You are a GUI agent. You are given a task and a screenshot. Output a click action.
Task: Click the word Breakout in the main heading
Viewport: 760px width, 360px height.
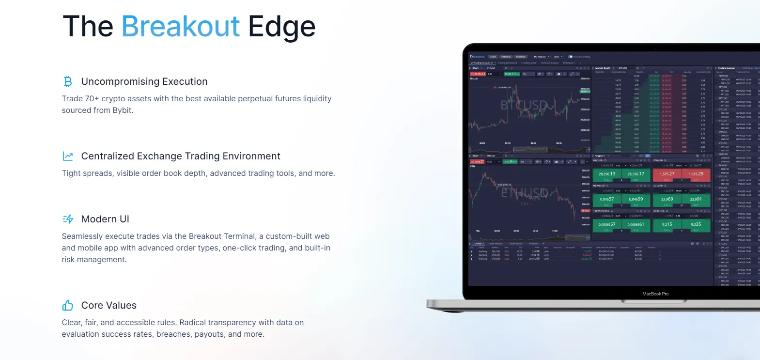click(180, 26)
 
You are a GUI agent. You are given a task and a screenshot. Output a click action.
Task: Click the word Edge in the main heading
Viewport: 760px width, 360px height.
click(281, 27)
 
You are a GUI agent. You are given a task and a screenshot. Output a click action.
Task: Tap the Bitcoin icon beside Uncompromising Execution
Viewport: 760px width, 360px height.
click(68, 81)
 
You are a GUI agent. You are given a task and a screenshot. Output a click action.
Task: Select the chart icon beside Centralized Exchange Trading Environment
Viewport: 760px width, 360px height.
click(68, 156)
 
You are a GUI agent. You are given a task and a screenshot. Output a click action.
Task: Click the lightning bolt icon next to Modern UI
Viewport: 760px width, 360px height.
click(68, 219)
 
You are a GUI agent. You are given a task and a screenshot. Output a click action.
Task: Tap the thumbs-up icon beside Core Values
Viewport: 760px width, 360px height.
click(68, 305)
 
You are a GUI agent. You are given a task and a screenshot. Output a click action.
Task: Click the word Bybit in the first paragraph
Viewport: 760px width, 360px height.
click(122, 110)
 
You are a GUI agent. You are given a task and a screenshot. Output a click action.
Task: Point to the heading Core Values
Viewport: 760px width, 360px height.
click(109, 305)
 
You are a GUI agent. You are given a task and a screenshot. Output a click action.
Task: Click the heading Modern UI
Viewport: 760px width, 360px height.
click(105, 219)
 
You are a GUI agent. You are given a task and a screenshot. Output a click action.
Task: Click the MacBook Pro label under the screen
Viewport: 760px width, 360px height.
click(655, 294)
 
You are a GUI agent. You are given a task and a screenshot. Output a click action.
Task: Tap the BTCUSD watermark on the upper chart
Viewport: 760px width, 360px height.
click(524, 105)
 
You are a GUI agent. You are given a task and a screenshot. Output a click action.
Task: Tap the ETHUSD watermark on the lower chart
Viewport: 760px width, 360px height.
click(524, 193)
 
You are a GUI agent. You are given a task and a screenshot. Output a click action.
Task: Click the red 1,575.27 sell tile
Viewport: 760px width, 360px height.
click(667, 174)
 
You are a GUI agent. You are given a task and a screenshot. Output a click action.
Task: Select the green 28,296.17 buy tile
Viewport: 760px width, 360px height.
click(636, 174)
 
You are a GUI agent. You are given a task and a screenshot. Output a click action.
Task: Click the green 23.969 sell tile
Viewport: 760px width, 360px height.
click(667, 200)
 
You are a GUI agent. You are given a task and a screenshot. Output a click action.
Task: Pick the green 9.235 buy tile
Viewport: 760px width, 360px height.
click(696, 225)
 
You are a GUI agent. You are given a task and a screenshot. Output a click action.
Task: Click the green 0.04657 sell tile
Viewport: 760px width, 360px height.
click(606, 200)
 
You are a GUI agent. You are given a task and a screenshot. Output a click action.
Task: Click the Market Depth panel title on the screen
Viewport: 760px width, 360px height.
click(603, 68)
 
